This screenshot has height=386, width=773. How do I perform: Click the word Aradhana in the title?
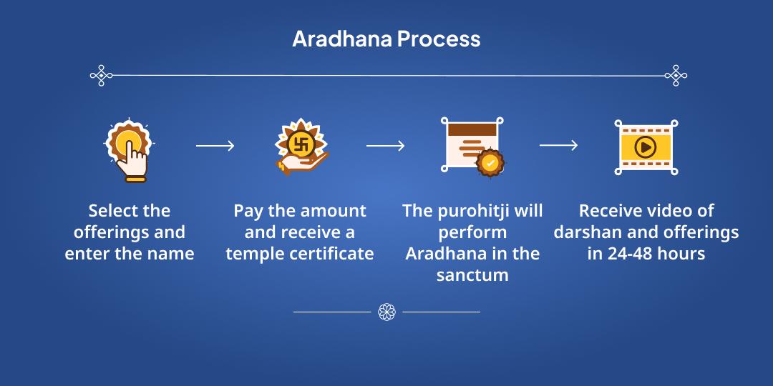coord(341,39)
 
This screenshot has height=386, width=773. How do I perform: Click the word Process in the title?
coord(439,39)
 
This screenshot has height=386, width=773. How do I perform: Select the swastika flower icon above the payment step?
coord(301,147)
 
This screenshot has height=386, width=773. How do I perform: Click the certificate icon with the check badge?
coord(471,145)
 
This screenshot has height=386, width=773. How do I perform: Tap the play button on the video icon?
coord(646,147)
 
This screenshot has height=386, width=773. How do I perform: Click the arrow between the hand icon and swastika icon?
coord(215,146)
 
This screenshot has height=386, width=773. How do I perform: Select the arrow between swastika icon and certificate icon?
coord(385,146)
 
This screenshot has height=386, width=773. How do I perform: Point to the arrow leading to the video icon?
coord(558,146)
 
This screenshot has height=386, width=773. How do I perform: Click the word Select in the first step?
coord(110,211)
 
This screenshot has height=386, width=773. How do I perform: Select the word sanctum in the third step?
coord(472,275)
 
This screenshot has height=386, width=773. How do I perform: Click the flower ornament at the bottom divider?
coord(386,312)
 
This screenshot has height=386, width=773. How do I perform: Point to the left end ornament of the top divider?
coord(101,75)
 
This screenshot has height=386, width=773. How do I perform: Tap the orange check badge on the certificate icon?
coord(490,162)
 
